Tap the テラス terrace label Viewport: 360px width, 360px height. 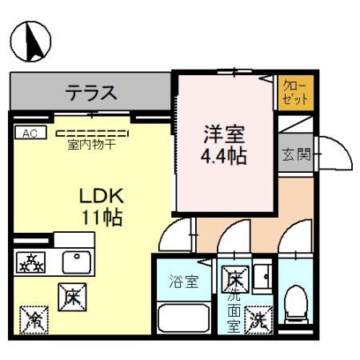click(x=91, y=93)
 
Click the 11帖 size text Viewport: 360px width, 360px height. click(x=101, y=218)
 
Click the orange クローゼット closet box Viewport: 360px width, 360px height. click(x=294, y=93)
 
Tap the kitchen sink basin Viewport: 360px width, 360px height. click(x=77, y=258)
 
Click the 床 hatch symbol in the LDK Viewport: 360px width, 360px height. click(x=69, y=297)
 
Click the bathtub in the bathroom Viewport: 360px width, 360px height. click(x=184, y=318)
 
